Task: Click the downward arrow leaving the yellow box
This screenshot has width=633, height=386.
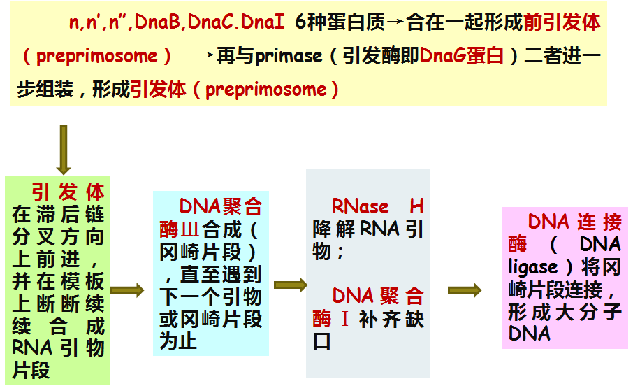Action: pos(64,150)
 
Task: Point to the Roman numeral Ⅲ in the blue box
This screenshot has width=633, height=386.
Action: pos(191,229)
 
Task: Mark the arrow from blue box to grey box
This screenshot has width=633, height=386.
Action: pos(290,285)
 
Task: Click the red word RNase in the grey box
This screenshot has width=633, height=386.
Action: pos(361,206)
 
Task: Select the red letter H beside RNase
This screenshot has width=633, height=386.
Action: pos(416,206)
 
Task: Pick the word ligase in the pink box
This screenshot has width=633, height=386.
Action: pos(533,266)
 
